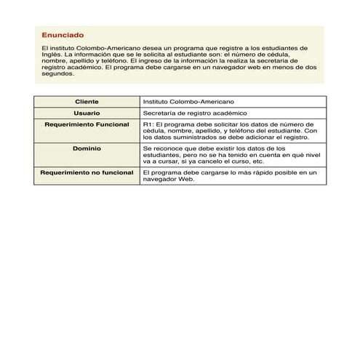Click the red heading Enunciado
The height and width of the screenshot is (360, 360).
(x=63, y=35)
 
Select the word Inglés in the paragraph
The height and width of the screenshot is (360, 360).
(x=52, y=55)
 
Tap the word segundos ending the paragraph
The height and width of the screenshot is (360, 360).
(x=58, y=73)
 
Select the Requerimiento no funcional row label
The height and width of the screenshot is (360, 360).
(x=87, y=172)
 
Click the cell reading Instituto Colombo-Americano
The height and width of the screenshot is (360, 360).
(x=188, y=102)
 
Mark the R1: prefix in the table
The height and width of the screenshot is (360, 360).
(x=148, y=125)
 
